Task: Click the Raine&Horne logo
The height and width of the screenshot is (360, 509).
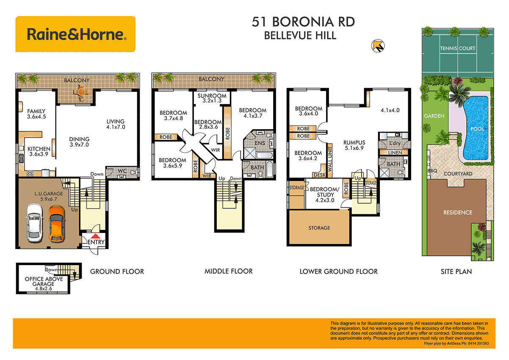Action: coord(75,34)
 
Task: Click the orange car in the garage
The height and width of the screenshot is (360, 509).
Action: coord(56,223)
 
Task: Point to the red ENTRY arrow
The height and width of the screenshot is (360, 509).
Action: coord(96,237)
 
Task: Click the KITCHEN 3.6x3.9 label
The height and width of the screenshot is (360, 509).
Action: coord(39,152)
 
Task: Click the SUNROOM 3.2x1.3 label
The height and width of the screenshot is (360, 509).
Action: coord(212,98)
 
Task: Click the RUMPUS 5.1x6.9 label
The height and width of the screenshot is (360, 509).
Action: coord(354,146)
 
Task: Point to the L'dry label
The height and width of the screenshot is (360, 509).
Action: coord(394,143)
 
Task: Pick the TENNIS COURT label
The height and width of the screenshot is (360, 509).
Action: coord(457,48)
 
